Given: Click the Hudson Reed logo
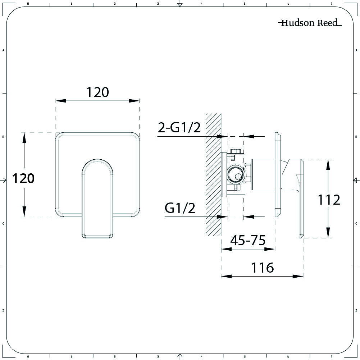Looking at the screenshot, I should [309, 23].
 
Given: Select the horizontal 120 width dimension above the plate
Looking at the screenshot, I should [97, 92].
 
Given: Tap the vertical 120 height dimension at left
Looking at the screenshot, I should [23, 178].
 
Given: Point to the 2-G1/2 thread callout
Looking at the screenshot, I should [179, 127].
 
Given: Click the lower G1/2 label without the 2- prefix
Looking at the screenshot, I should [180, 208].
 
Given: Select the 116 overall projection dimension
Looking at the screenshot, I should [262, 268].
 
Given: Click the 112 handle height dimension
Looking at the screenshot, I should [328, 200].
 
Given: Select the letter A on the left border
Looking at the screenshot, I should [3, 50].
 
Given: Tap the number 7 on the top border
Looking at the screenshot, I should [331, 4].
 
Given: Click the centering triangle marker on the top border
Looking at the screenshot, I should [180, 4].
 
